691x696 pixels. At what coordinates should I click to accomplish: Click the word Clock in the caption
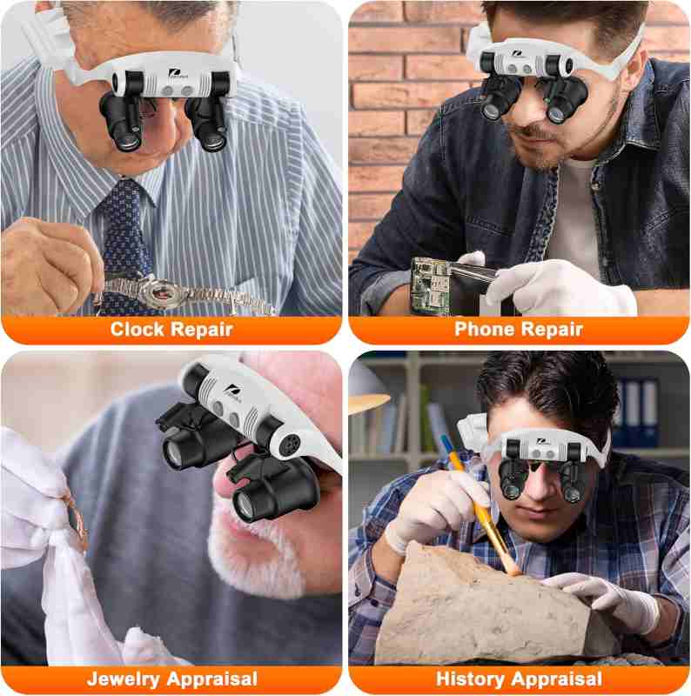pos(138,330)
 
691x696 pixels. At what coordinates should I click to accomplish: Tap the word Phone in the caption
pos(485,330)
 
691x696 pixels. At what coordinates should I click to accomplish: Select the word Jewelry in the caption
pos(124,679)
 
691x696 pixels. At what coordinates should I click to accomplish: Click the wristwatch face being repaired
pos(164,291)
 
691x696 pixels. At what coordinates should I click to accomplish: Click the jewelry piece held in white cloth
pos(76,519)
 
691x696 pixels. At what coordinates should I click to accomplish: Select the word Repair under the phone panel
pos(551,330)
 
